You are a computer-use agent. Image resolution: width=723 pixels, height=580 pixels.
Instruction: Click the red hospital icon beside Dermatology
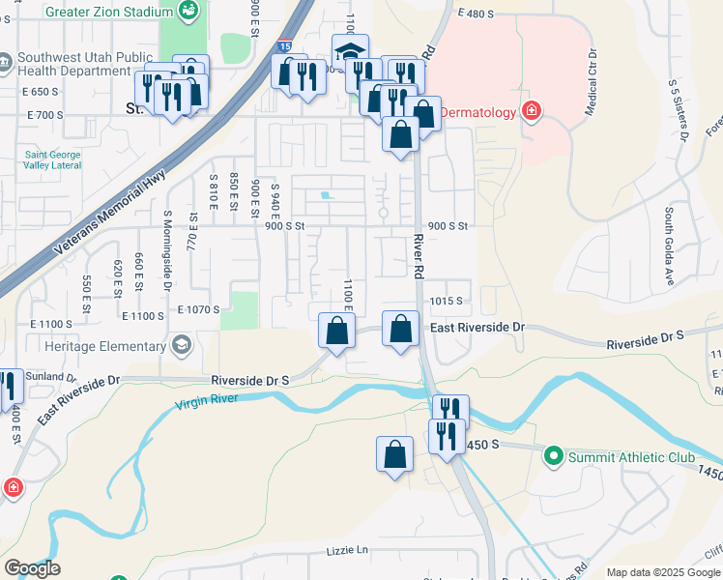point(530,112)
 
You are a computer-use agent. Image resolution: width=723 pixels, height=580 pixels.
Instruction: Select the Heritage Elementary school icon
point(181,346)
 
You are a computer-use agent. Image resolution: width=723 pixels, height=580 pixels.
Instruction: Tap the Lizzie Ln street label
point(349,550)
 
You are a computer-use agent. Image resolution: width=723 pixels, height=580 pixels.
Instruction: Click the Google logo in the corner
point(31,568)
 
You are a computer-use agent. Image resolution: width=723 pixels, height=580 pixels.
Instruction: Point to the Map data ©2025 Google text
point(662,572)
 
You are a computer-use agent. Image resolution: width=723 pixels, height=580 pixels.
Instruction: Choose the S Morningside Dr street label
point(166,251)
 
